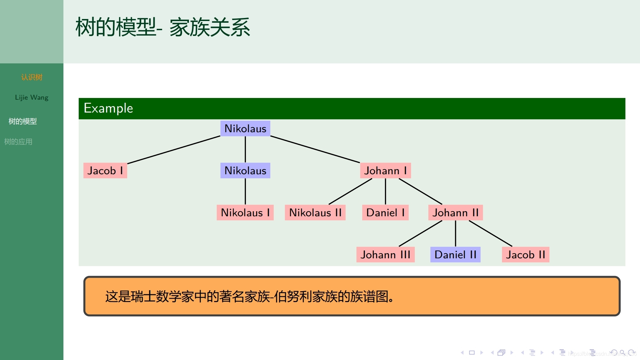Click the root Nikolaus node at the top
[245, 128]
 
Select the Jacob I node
[105, 171]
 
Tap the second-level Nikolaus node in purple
[245, 171]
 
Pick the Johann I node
[385, 171]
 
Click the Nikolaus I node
[245, 213]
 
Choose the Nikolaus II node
[315, 213]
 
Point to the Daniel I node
[385, 213]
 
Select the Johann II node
[455, 213]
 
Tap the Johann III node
[385, 255]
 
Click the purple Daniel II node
[455, 255]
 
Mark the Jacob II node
[525, 255]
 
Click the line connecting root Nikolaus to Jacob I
[174, 150]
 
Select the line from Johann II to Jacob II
[490, 234]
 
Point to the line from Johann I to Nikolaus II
[350, 192]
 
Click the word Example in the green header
[108, 108]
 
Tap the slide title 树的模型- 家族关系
[163, 27]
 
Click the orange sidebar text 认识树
[32, 77]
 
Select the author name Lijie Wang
[32, 98]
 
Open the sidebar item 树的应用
[18, 142]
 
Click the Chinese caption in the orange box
[249, 297]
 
